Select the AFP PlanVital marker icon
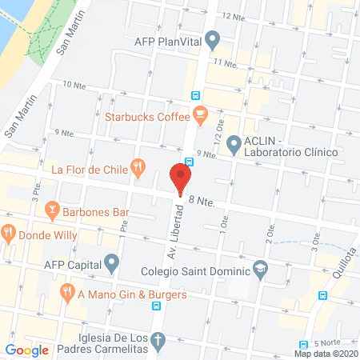click(212, 38)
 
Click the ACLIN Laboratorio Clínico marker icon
click(234, 145)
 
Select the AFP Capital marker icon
click(112, 262)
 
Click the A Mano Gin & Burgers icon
click(67, 294)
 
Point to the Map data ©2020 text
click(326, 353)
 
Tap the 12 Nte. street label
click(233, 16)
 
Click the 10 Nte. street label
click(74, 84)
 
